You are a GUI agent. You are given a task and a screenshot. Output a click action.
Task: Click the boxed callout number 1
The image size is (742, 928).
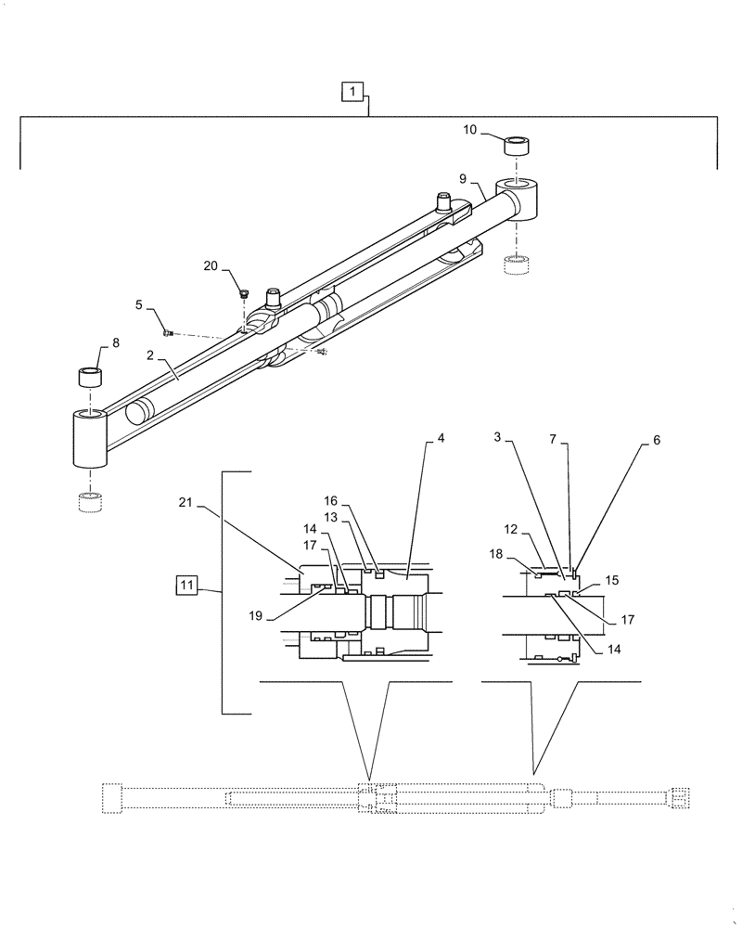pos(353,91)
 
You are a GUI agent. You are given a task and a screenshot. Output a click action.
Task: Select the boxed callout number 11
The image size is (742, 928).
pos(187,585)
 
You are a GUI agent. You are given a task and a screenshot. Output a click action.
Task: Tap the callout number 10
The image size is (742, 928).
pos(470,131)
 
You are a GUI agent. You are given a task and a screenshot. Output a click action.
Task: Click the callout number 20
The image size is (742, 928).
pos(212,265)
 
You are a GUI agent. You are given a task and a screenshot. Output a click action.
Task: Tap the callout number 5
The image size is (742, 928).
pos(138,304)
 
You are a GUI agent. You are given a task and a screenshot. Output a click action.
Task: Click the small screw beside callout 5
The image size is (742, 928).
pos(168,332)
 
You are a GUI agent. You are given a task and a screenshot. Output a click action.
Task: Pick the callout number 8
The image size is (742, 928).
pos(116,342)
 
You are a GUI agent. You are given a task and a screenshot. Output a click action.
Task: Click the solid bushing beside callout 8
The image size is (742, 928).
pos(90,377)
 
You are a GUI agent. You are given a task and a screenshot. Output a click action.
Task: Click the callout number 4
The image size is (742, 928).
pos(441,438)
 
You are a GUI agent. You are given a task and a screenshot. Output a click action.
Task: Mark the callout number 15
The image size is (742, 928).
pos(611,580)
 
